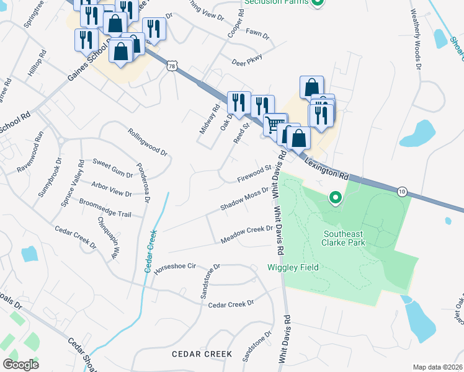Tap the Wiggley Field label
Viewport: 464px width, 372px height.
(293, 267)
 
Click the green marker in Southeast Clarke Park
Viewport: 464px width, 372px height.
(336, 198)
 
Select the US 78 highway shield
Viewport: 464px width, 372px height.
(172, 66)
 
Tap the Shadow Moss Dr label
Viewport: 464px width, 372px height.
(244, 199)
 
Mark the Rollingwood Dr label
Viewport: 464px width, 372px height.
(148, 142)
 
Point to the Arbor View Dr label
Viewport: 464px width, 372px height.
(112, 189)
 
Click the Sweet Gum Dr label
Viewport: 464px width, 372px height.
(112, 168)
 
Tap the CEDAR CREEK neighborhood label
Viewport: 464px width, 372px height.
(202, 354)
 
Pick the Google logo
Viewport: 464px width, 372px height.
(21, 364)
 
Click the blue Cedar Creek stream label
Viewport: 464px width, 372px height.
(149, 251)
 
